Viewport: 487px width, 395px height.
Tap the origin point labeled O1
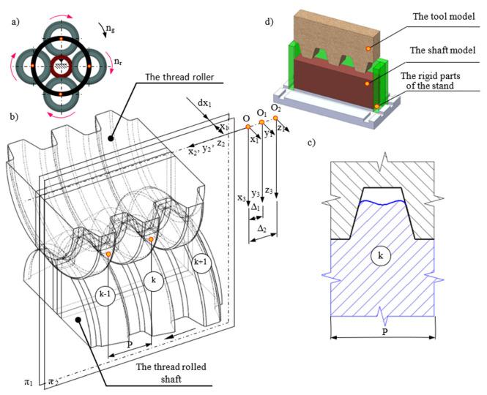pos(261,122)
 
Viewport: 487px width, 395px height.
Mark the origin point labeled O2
pos(275,118)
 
